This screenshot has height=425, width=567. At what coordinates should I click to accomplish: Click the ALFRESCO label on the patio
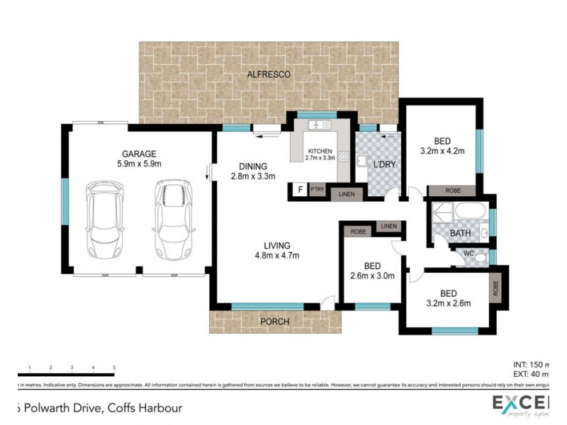click(x=269, y=74)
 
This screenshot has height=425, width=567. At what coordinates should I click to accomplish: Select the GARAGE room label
click(x=138, y=153)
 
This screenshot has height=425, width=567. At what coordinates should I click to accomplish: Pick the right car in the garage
click(x=172, y=222)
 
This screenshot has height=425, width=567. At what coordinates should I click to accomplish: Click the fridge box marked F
click(x=299, y=190)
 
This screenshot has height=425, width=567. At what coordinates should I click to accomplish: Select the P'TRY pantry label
click(x=317, y=190)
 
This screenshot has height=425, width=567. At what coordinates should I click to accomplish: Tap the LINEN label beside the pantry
click(x=346, y=193)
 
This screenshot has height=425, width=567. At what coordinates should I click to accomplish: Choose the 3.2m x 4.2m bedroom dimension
click(x=442, y=150)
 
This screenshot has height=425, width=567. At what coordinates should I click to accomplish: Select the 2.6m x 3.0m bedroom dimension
click(x=372, y=276)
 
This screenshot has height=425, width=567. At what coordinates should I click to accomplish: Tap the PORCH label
click(x=274, y=322)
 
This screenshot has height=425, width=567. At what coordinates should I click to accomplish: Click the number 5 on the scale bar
click(x=114, y=368)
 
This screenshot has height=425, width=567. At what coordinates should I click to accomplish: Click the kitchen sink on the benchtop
click(x=316, y=125)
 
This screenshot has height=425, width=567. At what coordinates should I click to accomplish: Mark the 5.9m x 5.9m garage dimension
click(x=138, y=164)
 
